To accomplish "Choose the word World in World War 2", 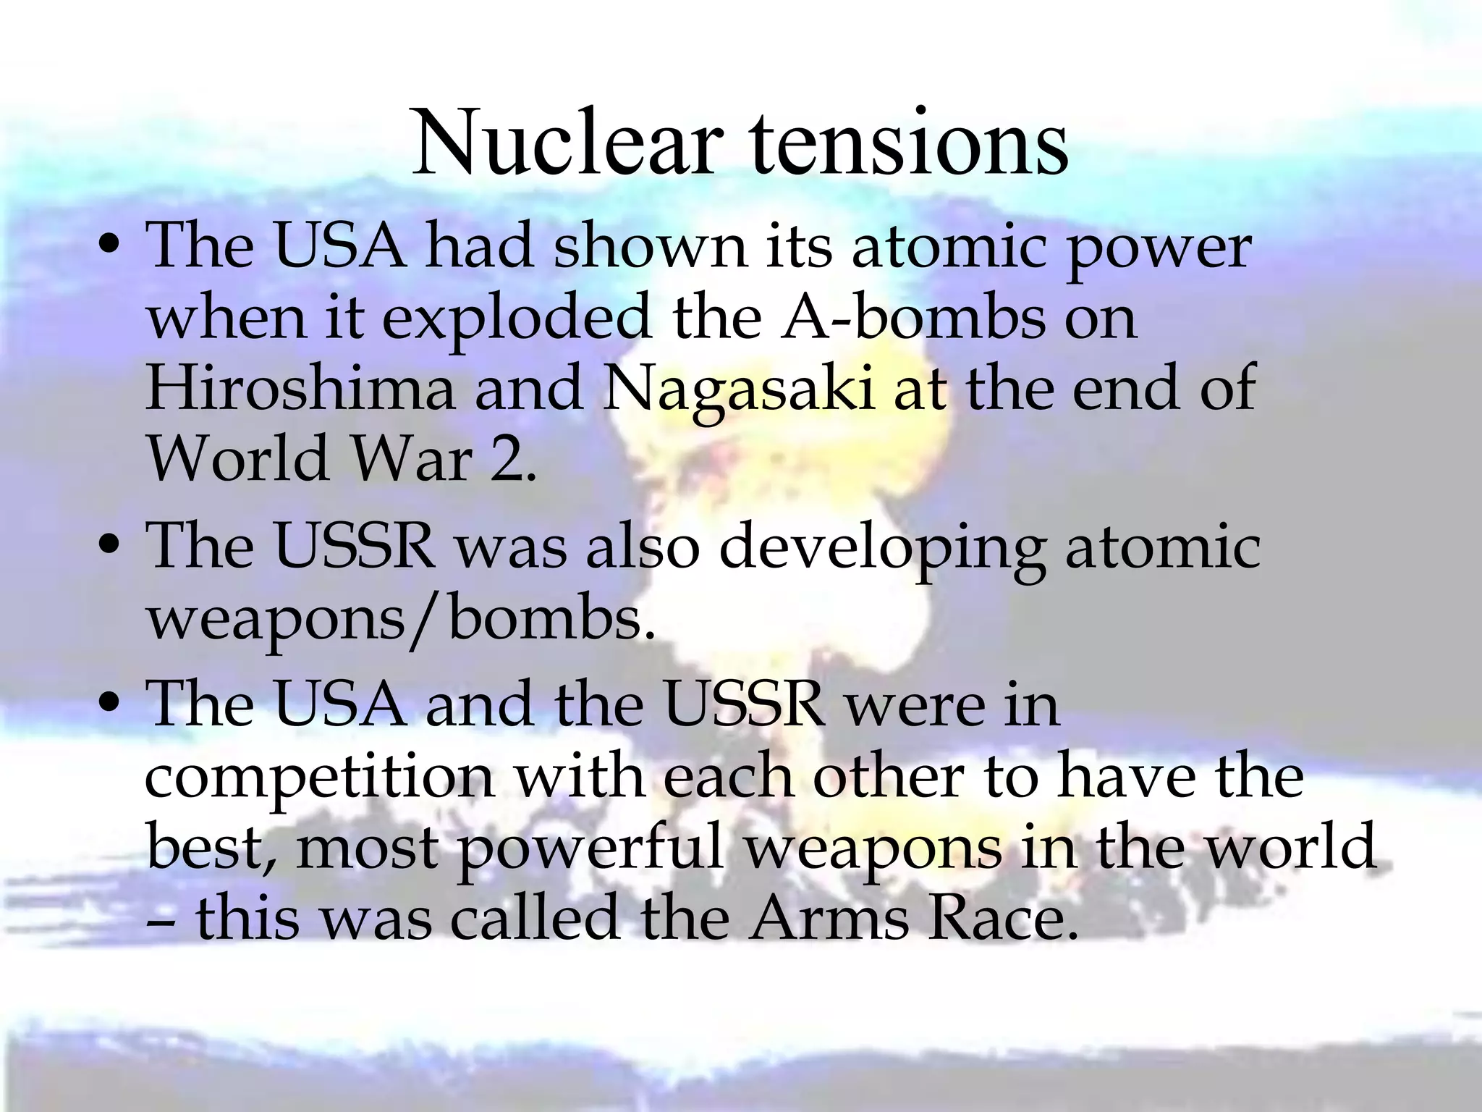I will coord(238,460).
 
